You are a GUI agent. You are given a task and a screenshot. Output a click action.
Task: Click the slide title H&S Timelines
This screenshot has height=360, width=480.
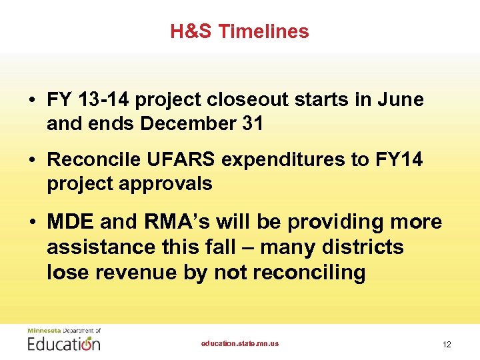pos(239,31)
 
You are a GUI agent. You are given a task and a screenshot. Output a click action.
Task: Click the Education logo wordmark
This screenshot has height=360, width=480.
pos(64,343)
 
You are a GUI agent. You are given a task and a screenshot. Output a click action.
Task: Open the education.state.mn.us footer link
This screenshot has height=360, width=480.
pos(240,343)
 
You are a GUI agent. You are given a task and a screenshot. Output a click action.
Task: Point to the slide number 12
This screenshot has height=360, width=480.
pos(447,345)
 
